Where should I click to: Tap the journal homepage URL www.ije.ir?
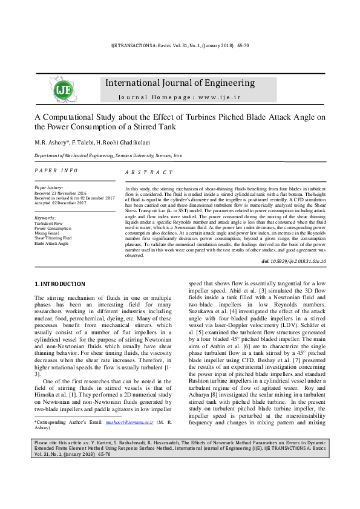click(x=214, y=97)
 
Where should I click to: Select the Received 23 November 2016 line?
click(x=61, y=193)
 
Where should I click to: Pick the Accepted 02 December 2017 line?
click(x=60, y=203)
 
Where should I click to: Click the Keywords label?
click(x=45, y=218)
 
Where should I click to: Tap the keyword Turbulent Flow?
click(x=48, y=223)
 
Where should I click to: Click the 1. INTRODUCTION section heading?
click(x=60, y=284)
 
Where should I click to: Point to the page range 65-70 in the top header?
click(x=243, y=45)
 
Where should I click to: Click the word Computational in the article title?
click(x=73, y=117)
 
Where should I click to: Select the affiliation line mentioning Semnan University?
click(x=108, y=155)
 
